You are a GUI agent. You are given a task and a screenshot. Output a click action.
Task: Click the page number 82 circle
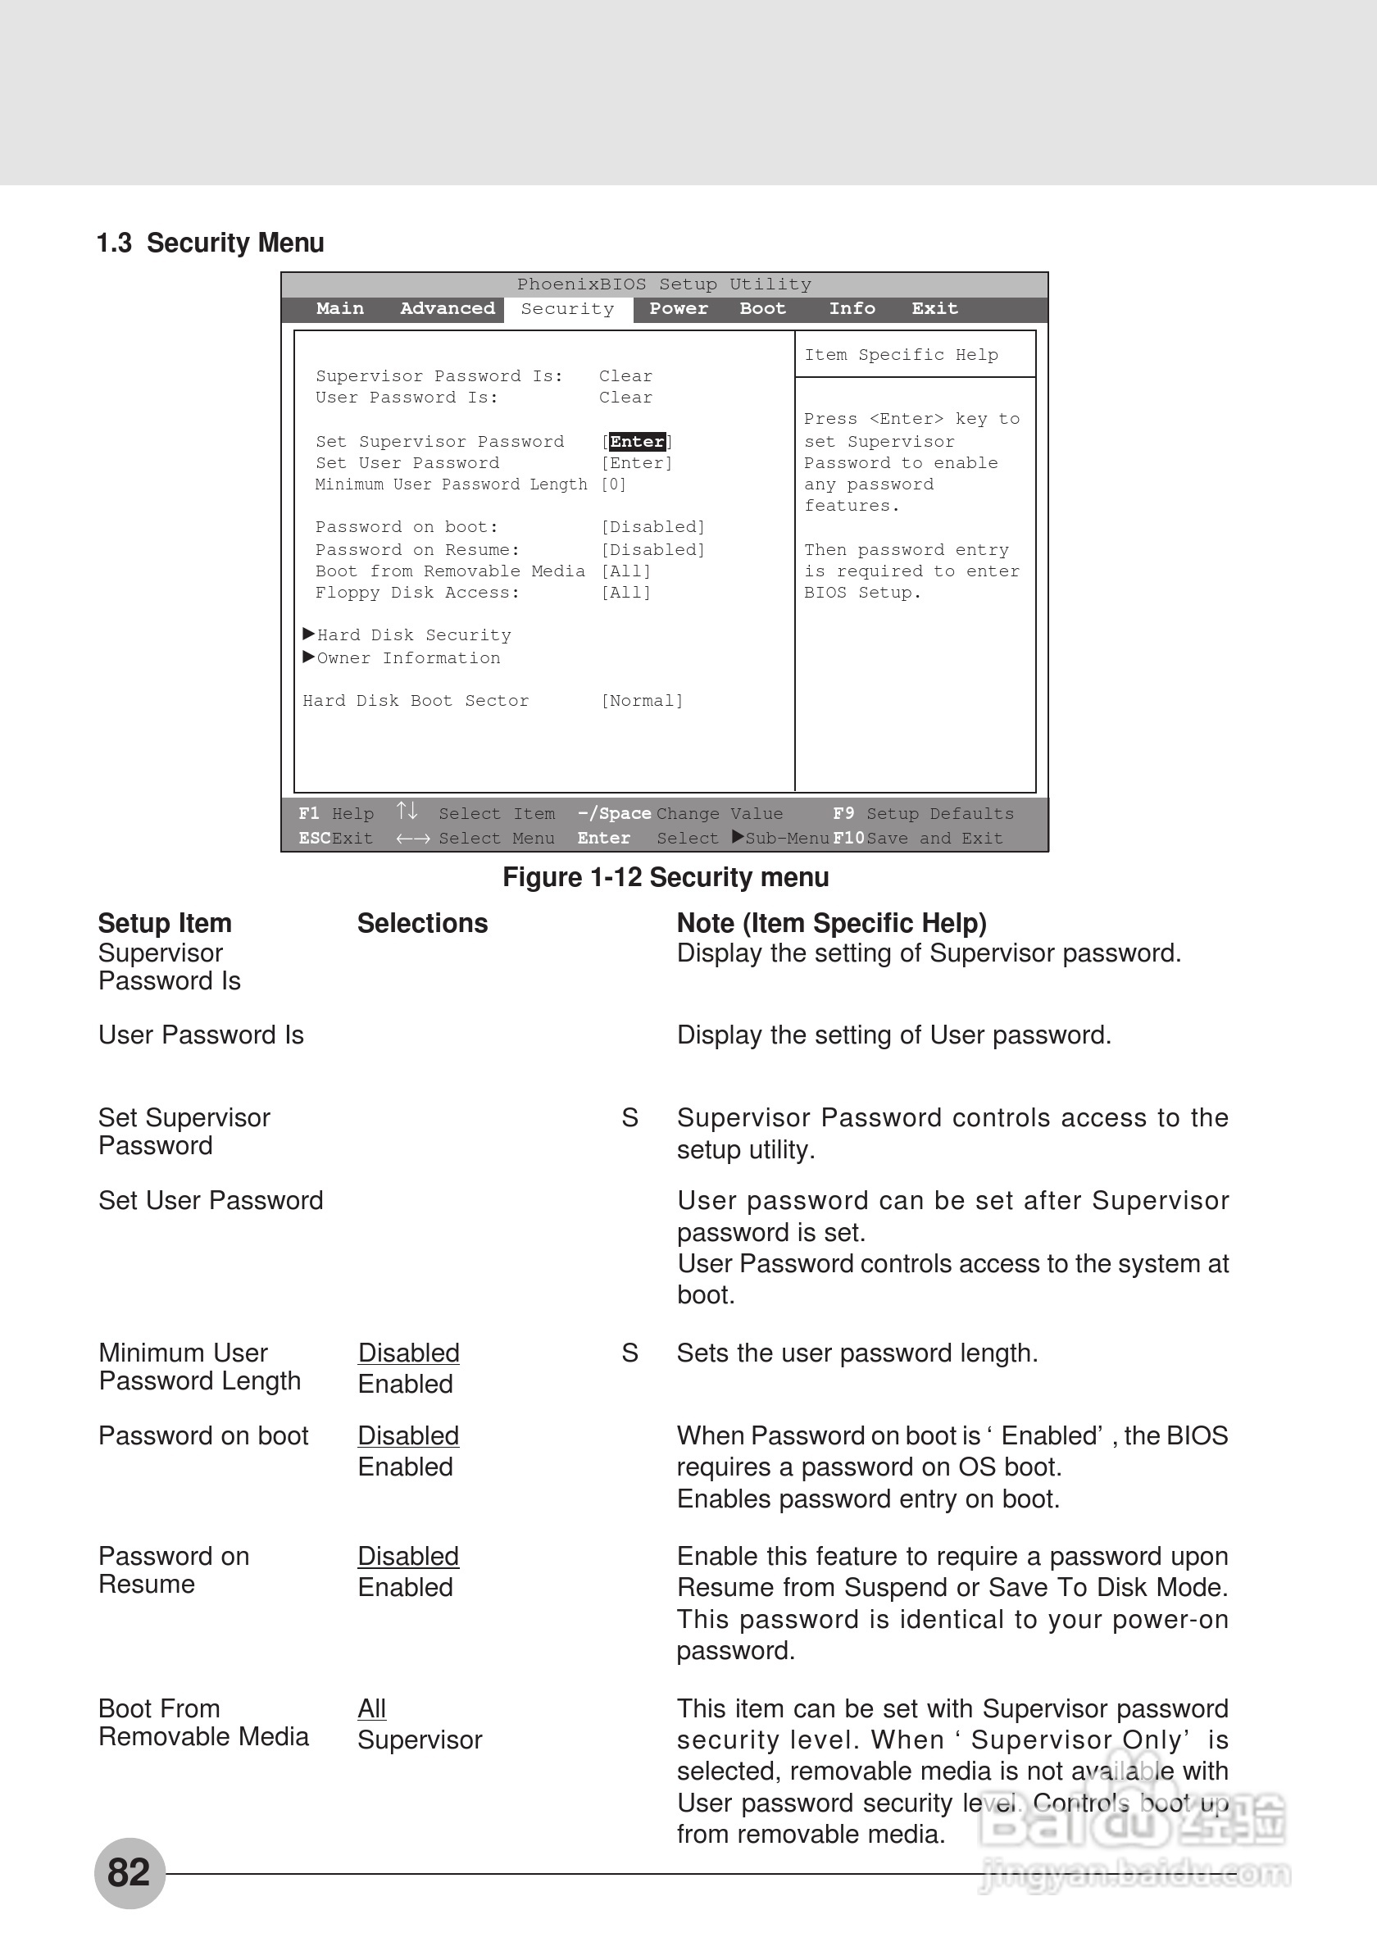(130, 1873)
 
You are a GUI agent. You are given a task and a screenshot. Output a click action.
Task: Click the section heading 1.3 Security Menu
(210, 243)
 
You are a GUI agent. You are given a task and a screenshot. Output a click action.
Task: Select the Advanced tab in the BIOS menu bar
(447, 308)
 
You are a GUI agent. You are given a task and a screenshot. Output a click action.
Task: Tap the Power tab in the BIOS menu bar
(678, 308)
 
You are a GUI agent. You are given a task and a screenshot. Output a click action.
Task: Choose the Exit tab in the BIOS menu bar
(934, 308)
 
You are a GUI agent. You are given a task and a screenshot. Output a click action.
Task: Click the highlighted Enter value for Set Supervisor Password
(637, 442)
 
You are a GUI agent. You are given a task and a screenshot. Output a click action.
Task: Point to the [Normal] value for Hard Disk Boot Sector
(643, 701)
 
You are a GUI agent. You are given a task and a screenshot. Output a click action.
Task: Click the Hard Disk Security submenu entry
(413, 635)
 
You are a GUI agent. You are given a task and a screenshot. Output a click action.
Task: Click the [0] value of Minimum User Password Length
(613, 484)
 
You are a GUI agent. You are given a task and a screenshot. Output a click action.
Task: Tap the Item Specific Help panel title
(901, 355)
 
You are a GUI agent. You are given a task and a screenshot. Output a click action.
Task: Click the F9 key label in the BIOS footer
(843, 814)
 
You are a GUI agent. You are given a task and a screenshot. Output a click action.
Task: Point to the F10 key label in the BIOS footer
(848, 839)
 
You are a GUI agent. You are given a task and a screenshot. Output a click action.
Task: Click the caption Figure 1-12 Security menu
(665, 877)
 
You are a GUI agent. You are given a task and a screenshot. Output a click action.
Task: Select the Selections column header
(422, 924)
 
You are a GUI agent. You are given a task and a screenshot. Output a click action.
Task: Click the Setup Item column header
(165, 924)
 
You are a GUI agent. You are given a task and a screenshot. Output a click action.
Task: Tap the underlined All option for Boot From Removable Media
(372, 1708)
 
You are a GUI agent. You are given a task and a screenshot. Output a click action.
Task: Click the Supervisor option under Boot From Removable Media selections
(420, 1740)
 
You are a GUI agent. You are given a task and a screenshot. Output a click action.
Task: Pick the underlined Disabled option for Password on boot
(409, 1435)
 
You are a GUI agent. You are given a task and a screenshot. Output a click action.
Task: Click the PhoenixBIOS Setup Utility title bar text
(664, 284)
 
